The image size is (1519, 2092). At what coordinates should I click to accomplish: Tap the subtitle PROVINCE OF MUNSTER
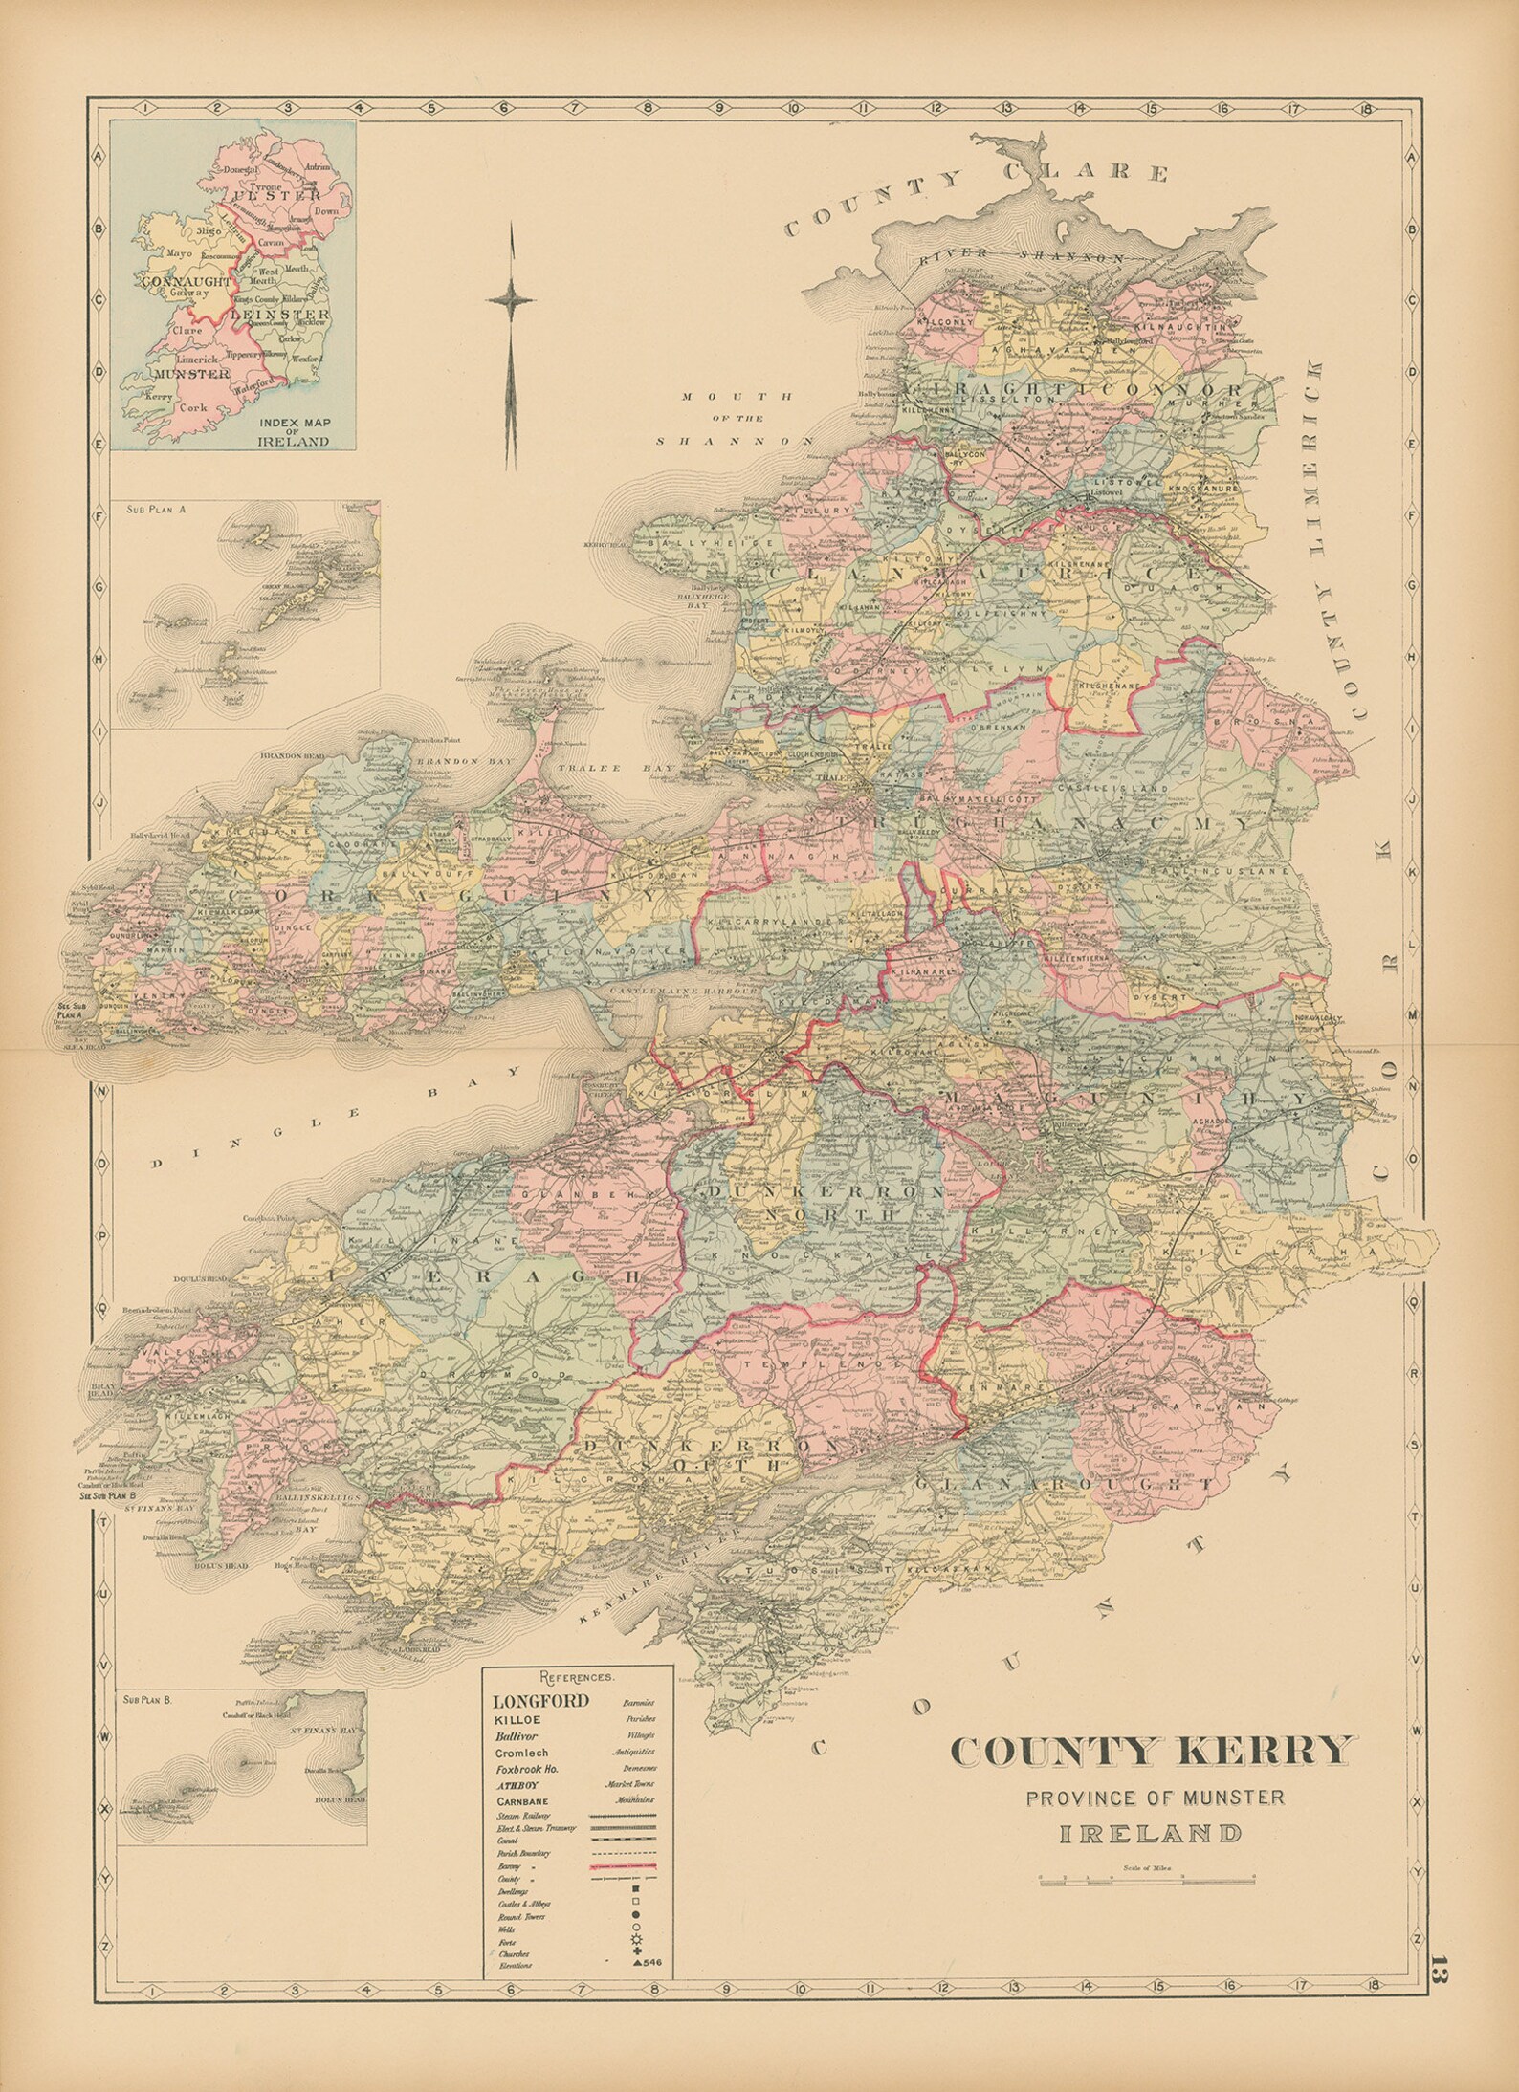1155,1798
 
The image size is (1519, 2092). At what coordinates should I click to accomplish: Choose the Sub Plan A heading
155,510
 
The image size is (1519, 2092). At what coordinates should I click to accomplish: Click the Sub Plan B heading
155,1699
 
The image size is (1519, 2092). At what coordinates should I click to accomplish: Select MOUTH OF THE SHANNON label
735,418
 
